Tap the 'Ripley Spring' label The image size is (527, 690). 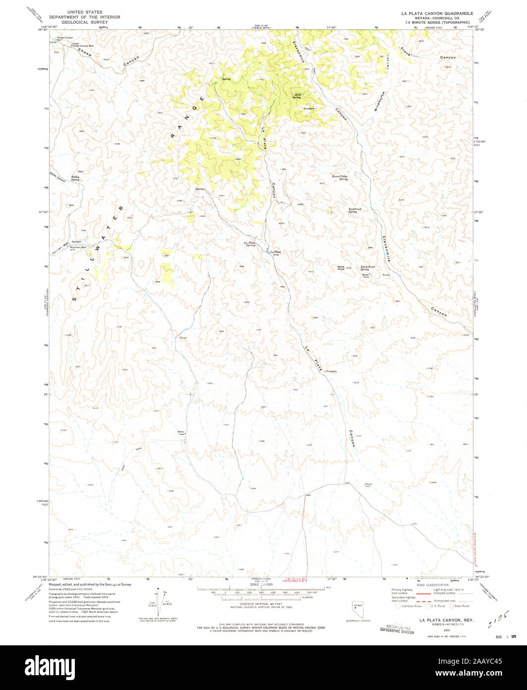click(75, 177)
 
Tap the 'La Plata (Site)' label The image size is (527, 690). click(276, 253)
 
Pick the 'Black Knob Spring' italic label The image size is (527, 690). click(368, 268)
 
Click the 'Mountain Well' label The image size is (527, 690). click(77, 247)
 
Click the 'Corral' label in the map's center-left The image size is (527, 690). click(182, 338)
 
